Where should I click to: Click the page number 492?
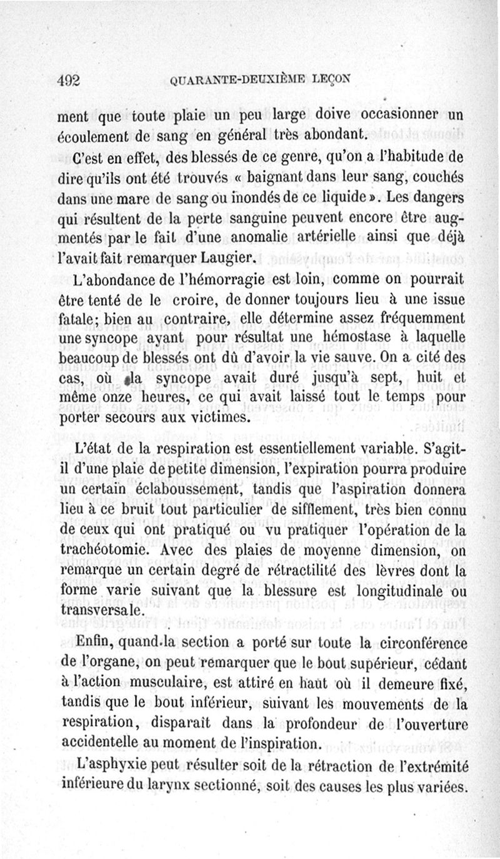[x=69, y=80]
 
